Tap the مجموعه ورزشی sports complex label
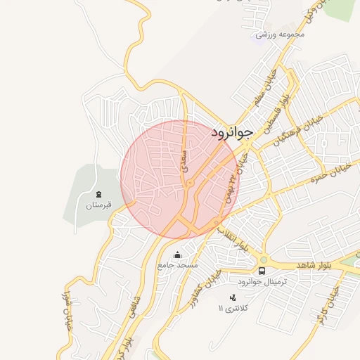pos(281,34)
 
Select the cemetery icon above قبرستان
pos(98,193)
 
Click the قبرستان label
pos(99,206)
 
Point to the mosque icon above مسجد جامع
pos(177,255)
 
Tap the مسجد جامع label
pos(178,266)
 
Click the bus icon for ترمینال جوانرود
pos(262,271)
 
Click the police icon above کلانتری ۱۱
pos(233,297)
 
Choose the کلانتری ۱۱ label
pos(233,309)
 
